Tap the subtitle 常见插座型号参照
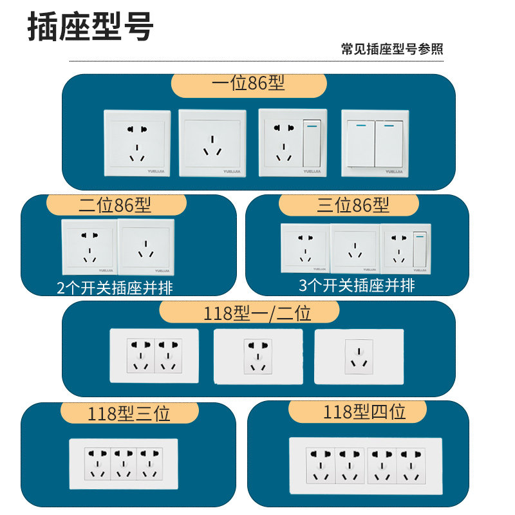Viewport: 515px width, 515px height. click(x=392, y=50)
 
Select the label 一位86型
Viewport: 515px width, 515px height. click(x=248, y=84)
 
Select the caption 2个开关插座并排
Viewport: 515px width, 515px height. click(x=115, y=288)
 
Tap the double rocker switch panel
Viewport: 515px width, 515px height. click(x=375, y=143)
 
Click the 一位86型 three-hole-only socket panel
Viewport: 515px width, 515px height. click(x=212, y=143)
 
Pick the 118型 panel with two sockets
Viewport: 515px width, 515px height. click(x=154, y=356)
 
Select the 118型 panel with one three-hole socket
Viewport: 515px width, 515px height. click(x=359, y=357)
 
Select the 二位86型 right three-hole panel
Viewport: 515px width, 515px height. click(x=145, y=247)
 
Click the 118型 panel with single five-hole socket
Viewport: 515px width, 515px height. click(x=257, y=356)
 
